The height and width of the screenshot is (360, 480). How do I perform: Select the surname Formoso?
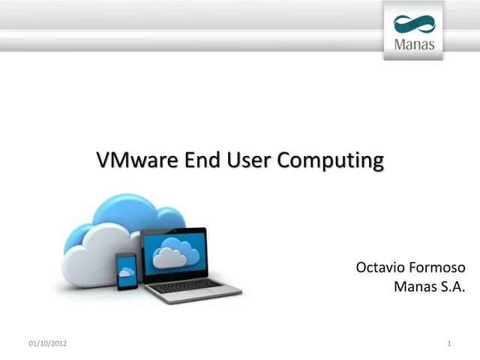click(438, 268)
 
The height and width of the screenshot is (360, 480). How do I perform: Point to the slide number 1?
click(448, 343)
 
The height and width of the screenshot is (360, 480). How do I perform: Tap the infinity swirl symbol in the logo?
click(414, 24)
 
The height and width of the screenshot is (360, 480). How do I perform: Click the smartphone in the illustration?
click(126, 272)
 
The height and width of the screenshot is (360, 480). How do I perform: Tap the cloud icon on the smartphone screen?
click(126, 271)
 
